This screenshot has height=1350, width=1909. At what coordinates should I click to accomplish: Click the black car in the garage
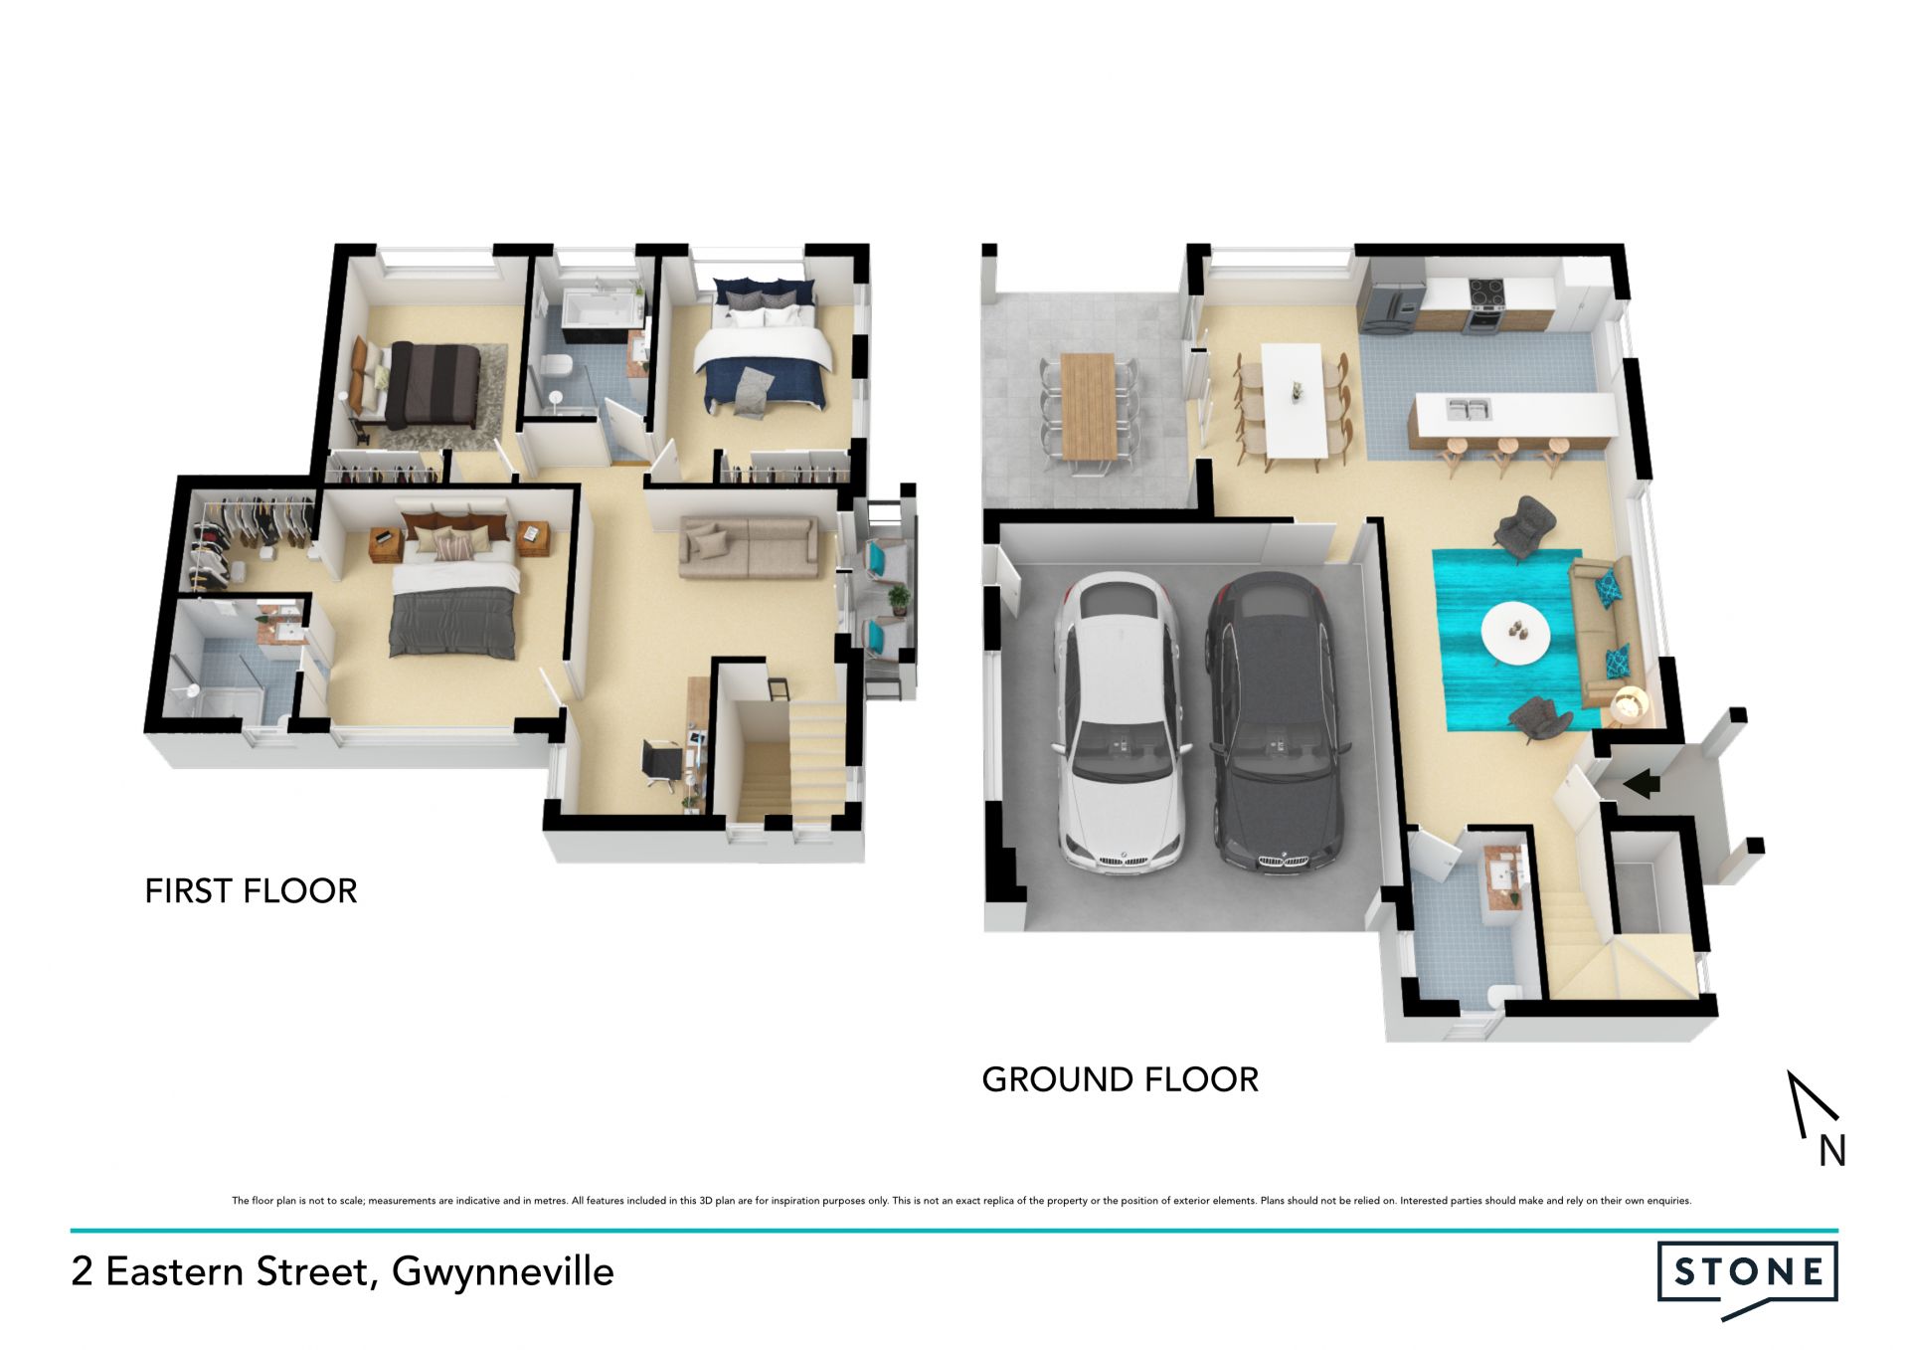[x=1278, y=723]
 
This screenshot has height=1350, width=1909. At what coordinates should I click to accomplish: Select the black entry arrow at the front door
[x=1642, y=784]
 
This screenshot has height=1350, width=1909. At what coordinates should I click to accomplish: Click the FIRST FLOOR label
[x=251, y=891]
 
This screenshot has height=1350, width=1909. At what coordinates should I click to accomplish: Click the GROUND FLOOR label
[x=1120, y=1079]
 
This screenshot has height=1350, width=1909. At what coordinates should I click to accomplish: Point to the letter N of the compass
[x=1832, y=1151]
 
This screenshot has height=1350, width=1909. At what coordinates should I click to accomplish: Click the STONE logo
[x=1748, y=1278]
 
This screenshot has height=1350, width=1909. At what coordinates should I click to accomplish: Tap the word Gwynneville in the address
[x=502, y=1272]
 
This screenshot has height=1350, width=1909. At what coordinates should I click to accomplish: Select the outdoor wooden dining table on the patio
[x=1089, y=406]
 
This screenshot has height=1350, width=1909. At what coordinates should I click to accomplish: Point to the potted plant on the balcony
[x=899, y=599]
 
